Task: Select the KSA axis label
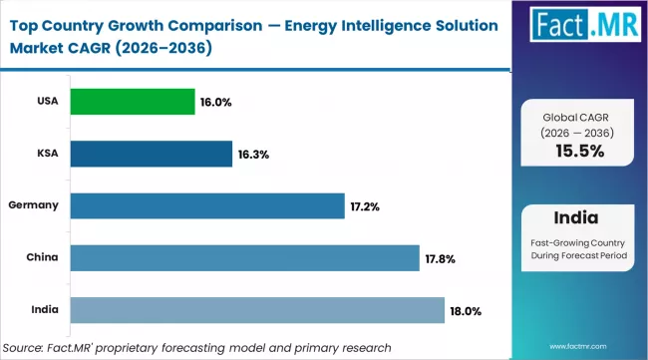[46, 153]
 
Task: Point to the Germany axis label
[35, 204]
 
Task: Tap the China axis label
[41, 256]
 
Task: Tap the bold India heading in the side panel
[578, 218]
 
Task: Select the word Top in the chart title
[25, 21]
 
